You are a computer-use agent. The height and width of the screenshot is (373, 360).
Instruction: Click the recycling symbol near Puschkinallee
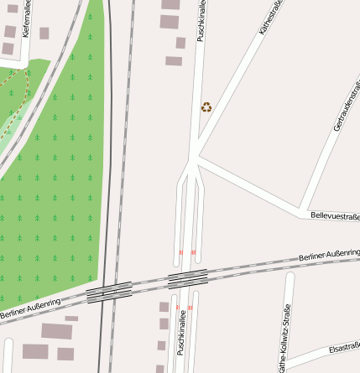[206, 106]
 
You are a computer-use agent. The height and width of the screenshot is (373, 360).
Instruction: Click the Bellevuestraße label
[334, 215]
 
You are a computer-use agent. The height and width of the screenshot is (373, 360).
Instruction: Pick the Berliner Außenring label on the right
[328, 254]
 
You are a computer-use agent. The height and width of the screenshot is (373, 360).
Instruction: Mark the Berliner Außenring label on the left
[30, 309]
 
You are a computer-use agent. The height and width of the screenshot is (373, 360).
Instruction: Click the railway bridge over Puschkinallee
[187, 279]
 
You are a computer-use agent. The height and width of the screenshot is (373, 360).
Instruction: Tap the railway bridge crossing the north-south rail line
[109, 293]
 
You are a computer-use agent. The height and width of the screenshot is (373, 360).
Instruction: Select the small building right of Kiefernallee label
[44, 34]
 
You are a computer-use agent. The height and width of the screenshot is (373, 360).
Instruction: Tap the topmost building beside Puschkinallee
[170, 4]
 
